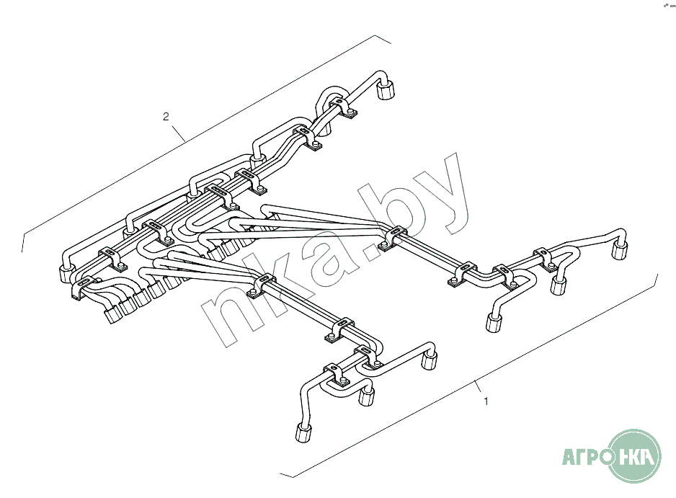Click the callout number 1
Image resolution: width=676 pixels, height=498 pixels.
[486, 401]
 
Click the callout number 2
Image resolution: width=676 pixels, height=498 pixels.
[166, 116]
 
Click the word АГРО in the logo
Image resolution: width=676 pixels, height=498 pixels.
[584, 456]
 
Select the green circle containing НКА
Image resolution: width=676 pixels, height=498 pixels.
[635, 455]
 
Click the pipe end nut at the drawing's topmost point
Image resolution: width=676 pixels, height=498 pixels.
[386, 90]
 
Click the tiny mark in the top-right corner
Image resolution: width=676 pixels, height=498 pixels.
[665, 4]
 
